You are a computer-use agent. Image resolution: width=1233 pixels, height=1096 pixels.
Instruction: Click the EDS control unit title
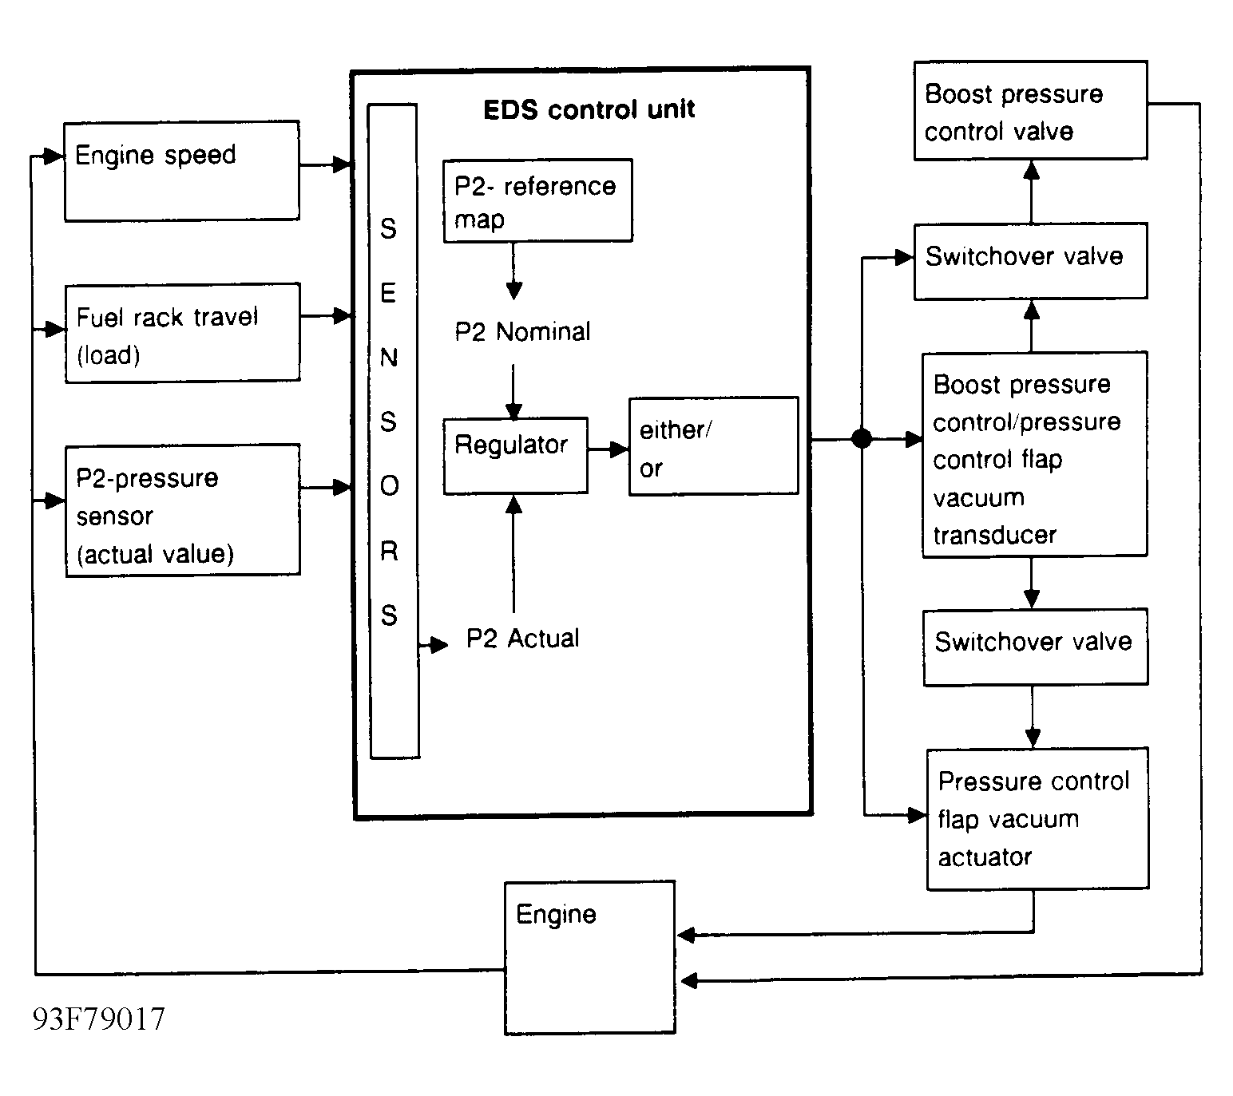[589, 109]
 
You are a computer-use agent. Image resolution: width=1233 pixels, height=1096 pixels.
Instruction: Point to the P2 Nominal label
[522, 331]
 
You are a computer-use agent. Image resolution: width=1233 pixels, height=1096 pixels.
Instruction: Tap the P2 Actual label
[522, 639]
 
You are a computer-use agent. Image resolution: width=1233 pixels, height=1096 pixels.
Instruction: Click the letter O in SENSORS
[390, 485]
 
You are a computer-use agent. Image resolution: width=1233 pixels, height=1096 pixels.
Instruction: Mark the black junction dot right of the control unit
[862, 438]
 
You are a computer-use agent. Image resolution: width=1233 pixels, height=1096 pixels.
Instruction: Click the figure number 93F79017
[98, 1019]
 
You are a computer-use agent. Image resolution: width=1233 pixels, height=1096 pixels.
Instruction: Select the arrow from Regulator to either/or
[608, 449]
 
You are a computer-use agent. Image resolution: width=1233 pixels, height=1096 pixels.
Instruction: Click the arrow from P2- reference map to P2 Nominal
[513, 271]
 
